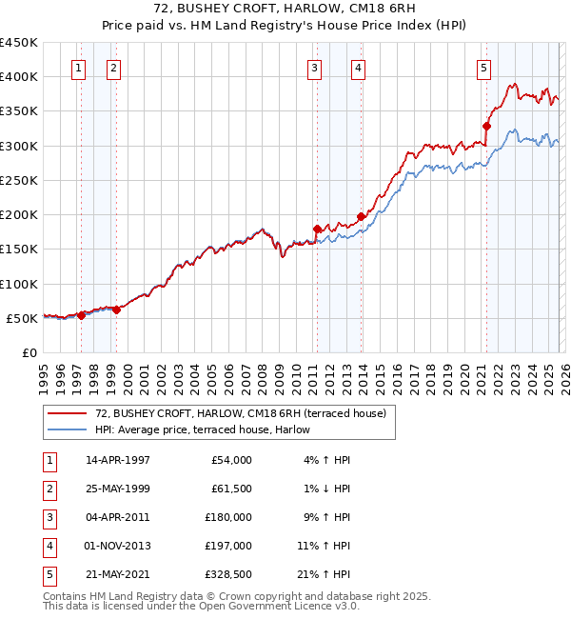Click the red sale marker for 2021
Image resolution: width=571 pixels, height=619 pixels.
(x=486, y=126)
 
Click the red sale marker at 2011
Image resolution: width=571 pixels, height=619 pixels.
(x=317, y=229)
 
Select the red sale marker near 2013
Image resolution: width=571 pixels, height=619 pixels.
(x=361, y=216)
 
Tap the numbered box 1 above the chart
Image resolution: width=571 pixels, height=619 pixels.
(x=78, y=68)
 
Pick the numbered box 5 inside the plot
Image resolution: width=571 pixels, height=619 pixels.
(x=484, y=68)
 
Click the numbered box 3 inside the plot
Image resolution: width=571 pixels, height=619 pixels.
(x=314, y=68)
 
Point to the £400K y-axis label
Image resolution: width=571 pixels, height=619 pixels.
(x=19, y=77)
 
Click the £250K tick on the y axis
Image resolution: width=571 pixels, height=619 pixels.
(x=19, y=180)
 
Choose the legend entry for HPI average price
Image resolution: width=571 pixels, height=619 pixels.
(x=202, y=429)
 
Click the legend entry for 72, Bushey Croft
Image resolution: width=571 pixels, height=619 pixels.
(x=240, y=413)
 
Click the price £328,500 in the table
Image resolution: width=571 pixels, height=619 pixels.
(x=228, y=574)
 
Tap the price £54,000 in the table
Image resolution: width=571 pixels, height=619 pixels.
(x=231, y=460)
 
